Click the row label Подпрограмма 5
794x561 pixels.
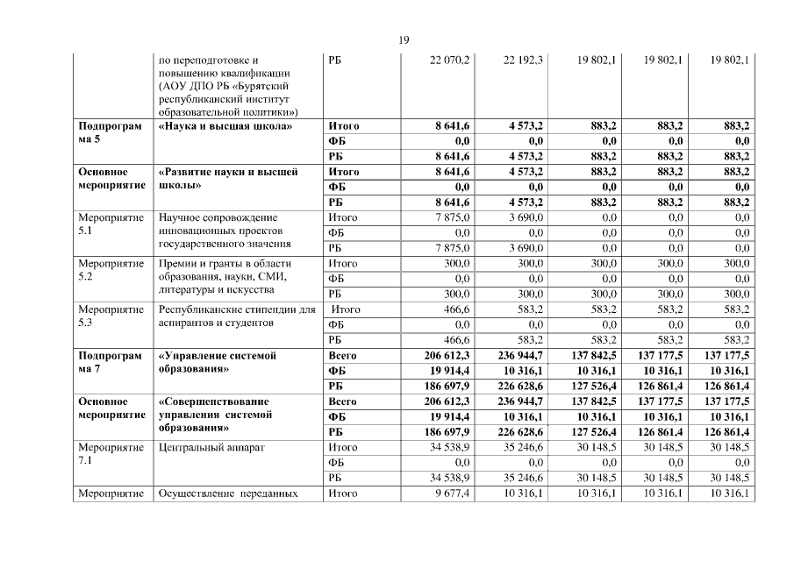click(109, 132)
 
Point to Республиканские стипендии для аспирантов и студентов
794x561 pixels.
click(235, 316)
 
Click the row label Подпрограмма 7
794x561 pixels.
click(109, 362)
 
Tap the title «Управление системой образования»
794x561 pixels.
click(218, 362)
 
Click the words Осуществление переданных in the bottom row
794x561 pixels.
click(226, 494)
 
